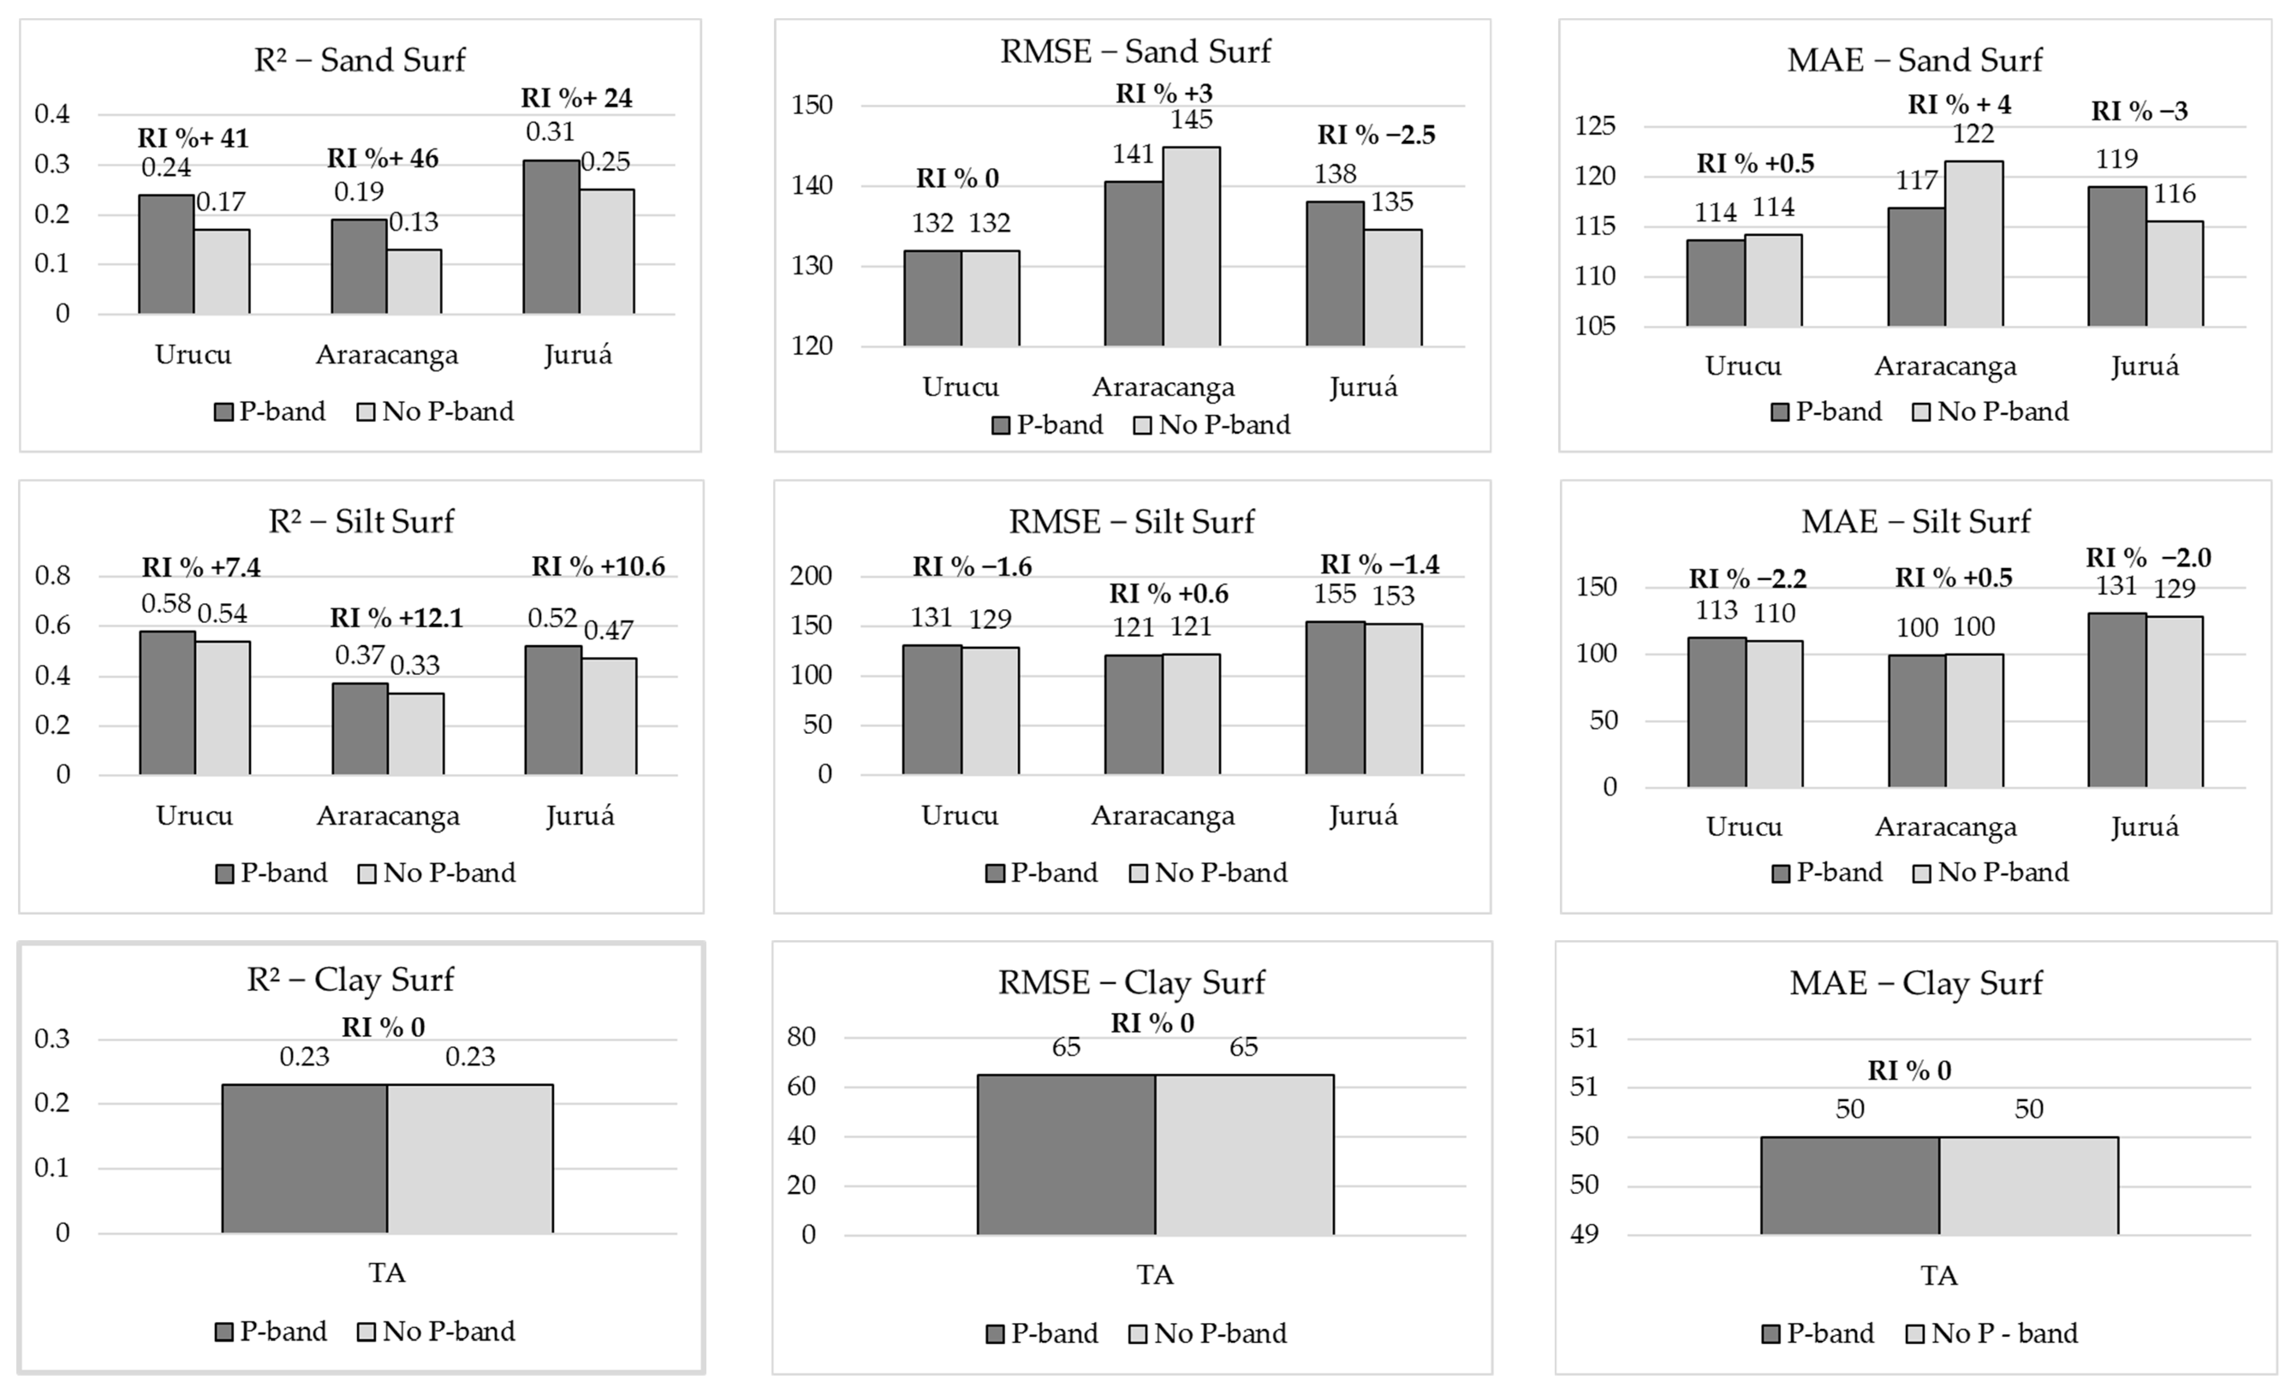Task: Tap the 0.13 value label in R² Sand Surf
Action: (413, 222)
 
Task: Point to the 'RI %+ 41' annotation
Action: (194, 138)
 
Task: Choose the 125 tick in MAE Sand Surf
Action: (1595, 126)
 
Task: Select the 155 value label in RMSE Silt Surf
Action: (1335, 594)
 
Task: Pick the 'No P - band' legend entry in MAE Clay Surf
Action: (1993, 1333)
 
